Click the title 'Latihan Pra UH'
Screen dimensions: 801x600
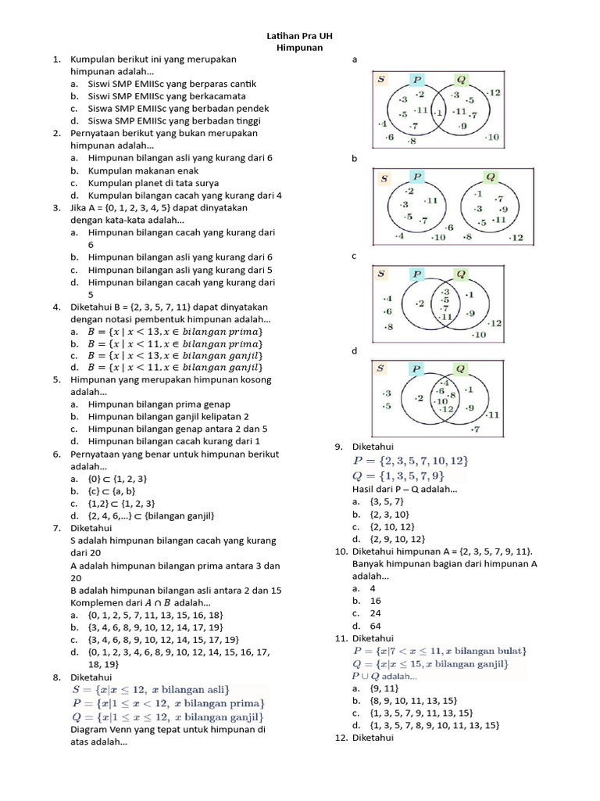tap(299, 37)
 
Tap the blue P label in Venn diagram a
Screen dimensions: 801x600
tap(417, 79)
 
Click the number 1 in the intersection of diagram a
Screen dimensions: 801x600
tap(439, 112)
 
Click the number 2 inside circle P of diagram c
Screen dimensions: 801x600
tap(420, 304)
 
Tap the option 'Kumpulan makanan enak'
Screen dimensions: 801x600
tap(144, 171)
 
